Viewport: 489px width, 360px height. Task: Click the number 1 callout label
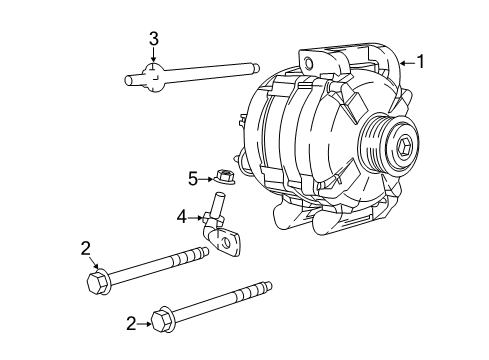(x=421, y=62)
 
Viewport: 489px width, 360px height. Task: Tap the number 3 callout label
(x=153, y=39)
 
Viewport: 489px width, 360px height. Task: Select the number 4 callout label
(x=182, y=215)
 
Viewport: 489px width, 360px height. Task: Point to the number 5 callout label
(x=193, y=179)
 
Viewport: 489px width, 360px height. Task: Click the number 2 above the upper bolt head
(x=87, y=247)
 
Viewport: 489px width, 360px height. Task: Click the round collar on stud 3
(x=152, y=75)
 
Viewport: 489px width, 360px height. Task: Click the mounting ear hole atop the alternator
(x=308, y=66)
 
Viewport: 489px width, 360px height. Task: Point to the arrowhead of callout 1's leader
(x=403, y=63)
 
